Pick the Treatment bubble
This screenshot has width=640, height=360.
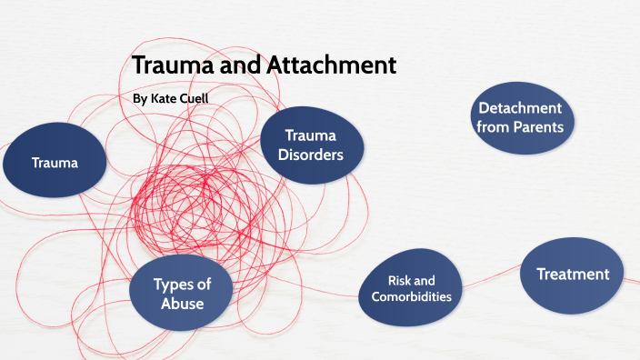(572, 274)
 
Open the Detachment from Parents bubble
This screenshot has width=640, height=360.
(520, 117)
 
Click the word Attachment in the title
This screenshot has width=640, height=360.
(332, 65)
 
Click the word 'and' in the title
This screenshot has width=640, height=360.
(243, 65)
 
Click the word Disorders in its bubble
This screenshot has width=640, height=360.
(311, 155)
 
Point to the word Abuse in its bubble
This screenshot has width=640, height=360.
(182, 305)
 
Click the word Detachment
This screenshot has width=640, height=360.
(520, 108)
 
